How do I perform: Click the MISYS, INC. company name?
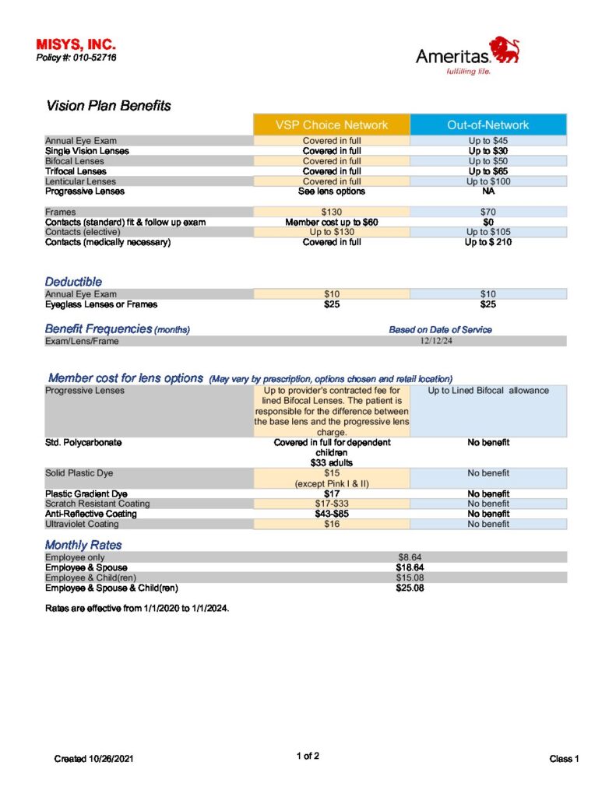[76, 46]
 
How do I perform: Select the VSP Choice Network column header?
[331, 125]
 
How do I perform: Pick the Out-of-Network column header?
[488, 125]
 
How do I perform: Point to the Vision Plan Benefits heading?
[108, 106]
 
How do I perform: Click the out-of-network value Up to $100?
[488, 181]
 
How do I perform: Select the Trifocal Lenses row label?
[76, 171]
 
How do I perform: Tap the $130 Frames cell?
[331, 212]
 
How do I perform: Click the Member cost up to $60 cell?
[331, 222]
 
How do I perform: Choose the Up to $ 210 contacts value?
[488, 242]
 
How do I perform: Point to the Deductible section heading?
[73, 281]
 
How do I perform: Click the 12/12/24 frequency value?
[435, 341]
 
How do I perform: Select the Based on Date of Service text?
[440, 330]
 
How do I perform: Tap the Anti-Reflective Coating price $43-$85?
[331, 514]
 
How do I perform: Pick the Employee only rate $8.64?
[410, 557]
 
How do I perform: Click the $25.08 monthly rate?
[410, 588]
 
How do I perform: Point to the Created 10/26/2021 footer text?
[94, 758]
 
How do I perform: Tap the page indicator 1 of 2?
[308, 756]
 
